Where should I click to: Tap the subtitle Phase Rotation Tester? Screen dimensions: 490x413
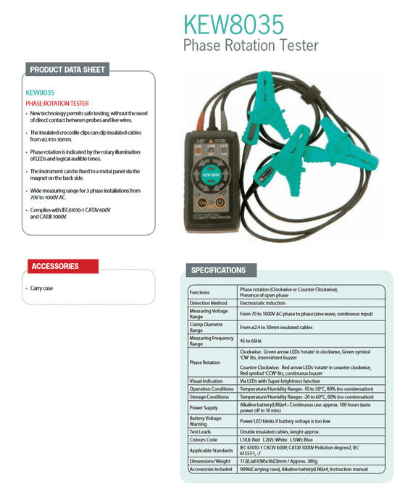point(250,46)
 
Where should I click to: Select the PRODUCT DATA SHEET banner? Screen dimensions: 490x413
point(67,70)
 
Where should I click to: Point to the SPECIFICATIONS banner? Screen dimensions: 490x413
point(218,270)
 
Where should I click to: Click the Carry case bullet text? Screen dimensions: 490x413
point(42,288)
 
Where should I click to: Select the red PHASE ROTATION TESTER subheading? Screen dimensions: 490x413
point(57,104)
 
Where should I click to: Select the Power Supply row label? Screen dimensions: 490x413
point(204,407)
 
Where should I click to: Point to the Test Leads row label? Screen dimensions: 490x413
point(201,432)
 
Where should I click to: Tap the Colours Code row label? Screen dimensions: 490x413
point(204,440)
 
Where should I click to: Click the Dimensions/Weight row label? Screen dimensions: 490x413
point(209,462)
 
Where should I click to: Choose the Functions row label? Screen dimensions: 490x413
point(200,291)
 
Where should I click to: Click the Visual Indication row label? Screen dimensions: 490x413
point(206,381)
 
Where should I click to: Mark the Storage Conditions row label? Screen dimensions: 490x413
point(209,396)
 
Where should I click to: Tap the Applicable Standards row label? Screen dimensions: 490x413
point(212,451)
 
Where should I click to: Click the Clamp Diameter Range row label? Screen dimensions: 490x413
point(207,328)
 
